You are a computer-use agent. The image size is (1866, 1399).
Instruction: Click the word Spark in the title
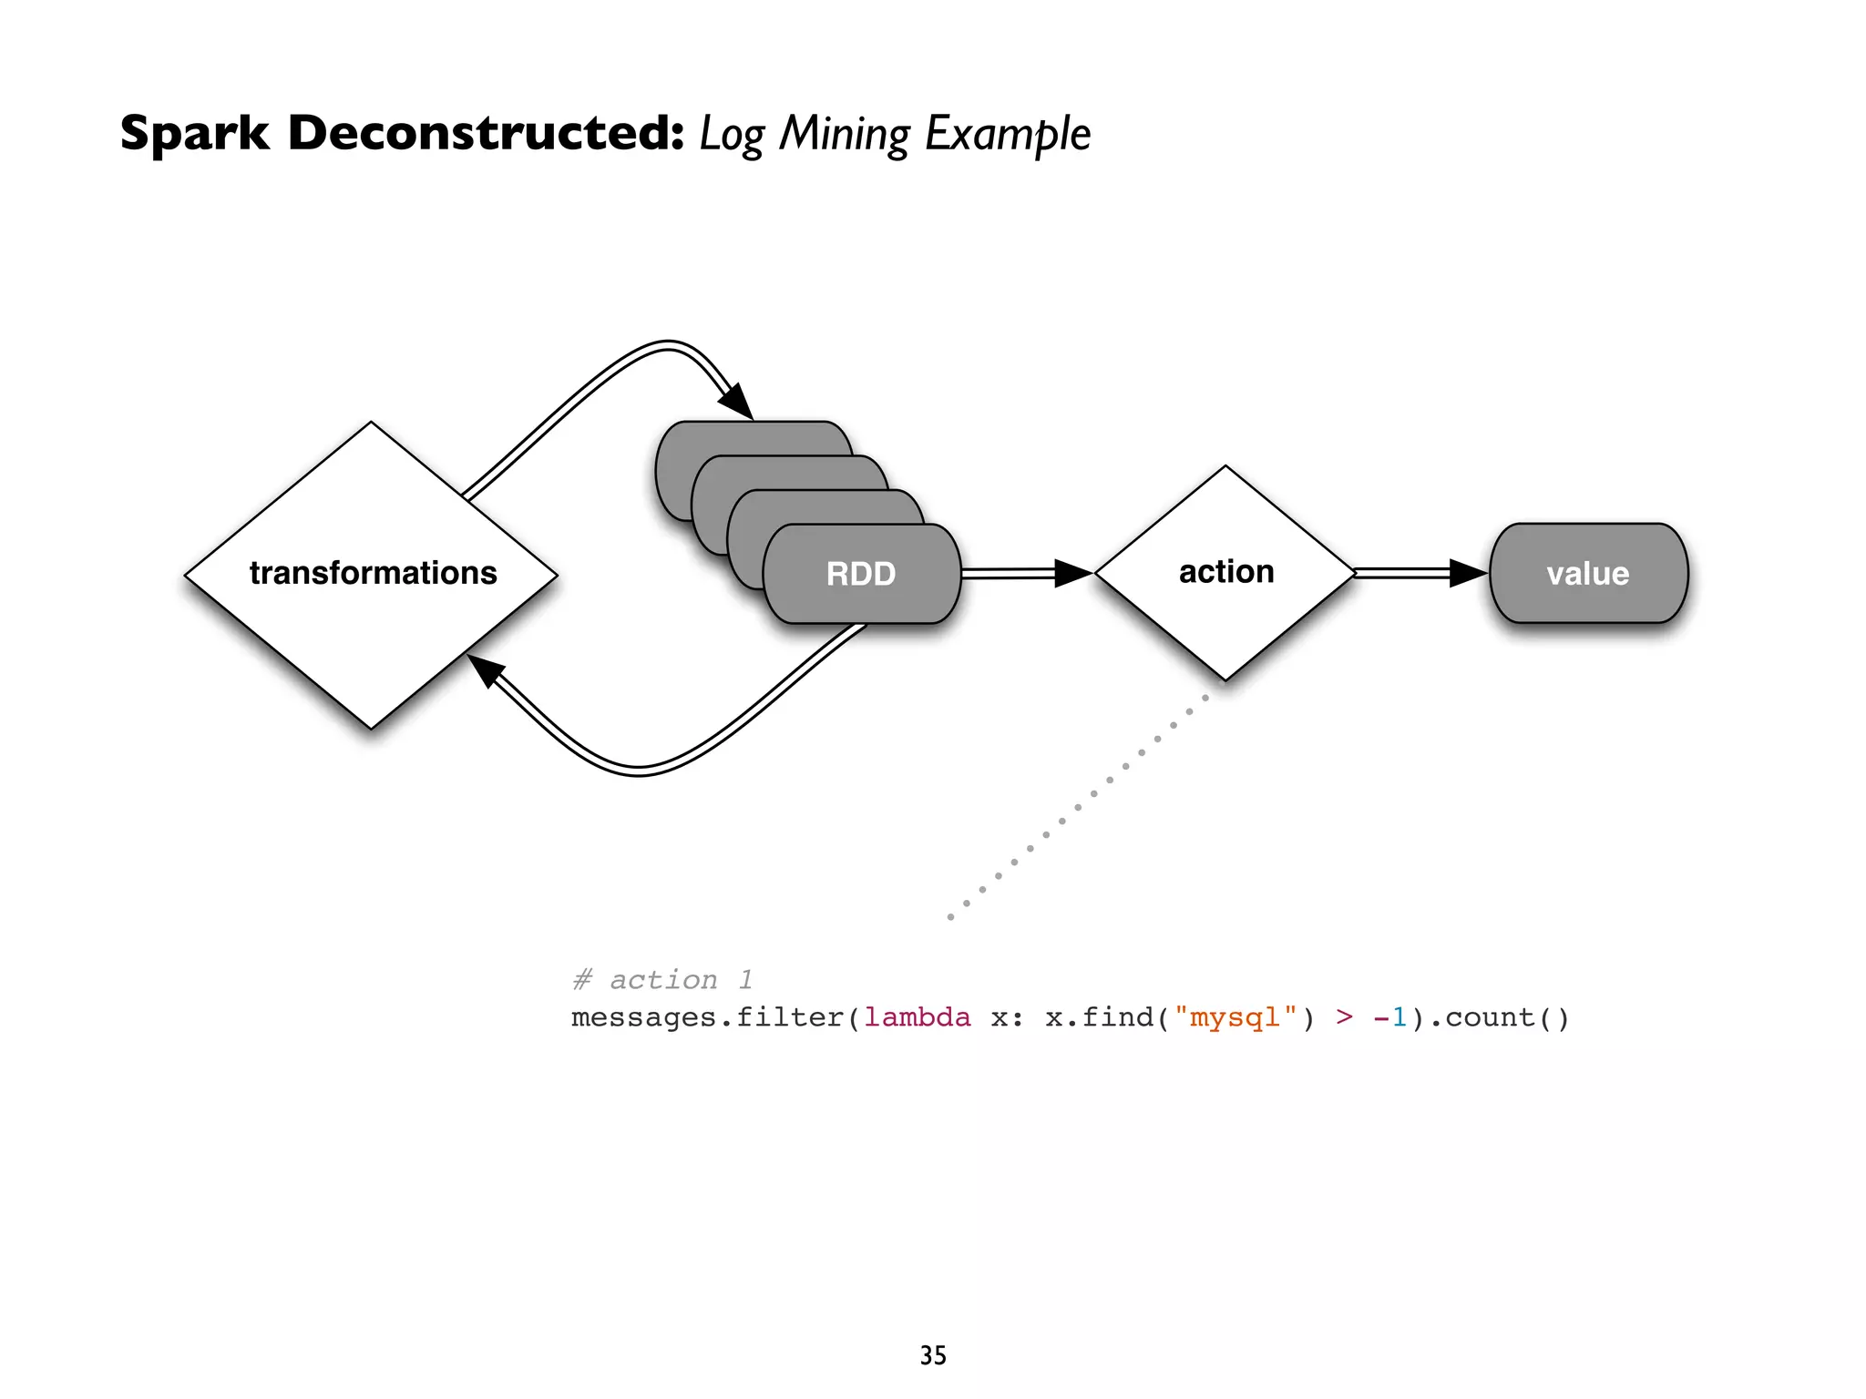point(195,134)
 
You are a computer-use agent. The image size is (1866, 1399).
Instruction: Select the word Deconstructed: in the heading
point(486,133)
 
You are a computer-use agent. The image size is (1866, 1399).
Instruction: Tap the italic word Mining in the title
point(844,134)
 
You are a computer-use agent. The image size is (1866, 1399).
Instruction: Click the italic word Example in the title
point(1008,134)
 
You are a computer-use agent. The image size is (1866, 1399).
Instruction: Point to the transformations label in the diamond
point(373,573)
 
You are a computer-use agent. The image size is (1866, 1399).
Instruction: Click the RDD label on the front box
point(860,574)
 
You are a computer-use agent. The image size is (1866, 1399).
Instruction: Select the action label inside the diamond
point(1226,572)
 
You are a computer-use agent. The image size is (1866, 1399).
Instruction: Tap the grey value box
point(1588,574)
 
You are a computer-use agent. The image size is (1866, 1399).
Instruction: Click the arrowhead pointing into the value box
point(1466,573)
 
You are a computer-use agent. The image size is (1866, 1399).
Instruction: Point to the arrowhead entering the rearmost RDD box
point(737,402)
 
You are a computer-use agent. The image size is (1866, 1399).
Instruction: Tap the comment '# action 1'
point(662,980)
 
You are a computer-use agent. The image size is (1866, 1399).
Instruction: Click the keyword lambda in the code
point(917,1017)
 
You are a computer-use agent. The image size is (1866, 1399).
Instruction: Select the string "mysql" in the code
point(1235,1017)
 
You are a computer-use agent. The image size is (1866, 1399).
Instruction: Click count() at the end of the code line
point(1507,1017)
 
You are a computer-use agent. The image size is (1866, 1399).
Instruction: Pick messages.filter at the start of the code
point(707,1017)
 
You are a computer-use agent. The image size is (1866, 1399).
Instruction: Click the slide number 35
point(933,1355)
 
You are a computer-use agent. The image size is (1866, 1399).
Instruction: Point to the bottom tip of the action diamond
point(1225,678)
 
